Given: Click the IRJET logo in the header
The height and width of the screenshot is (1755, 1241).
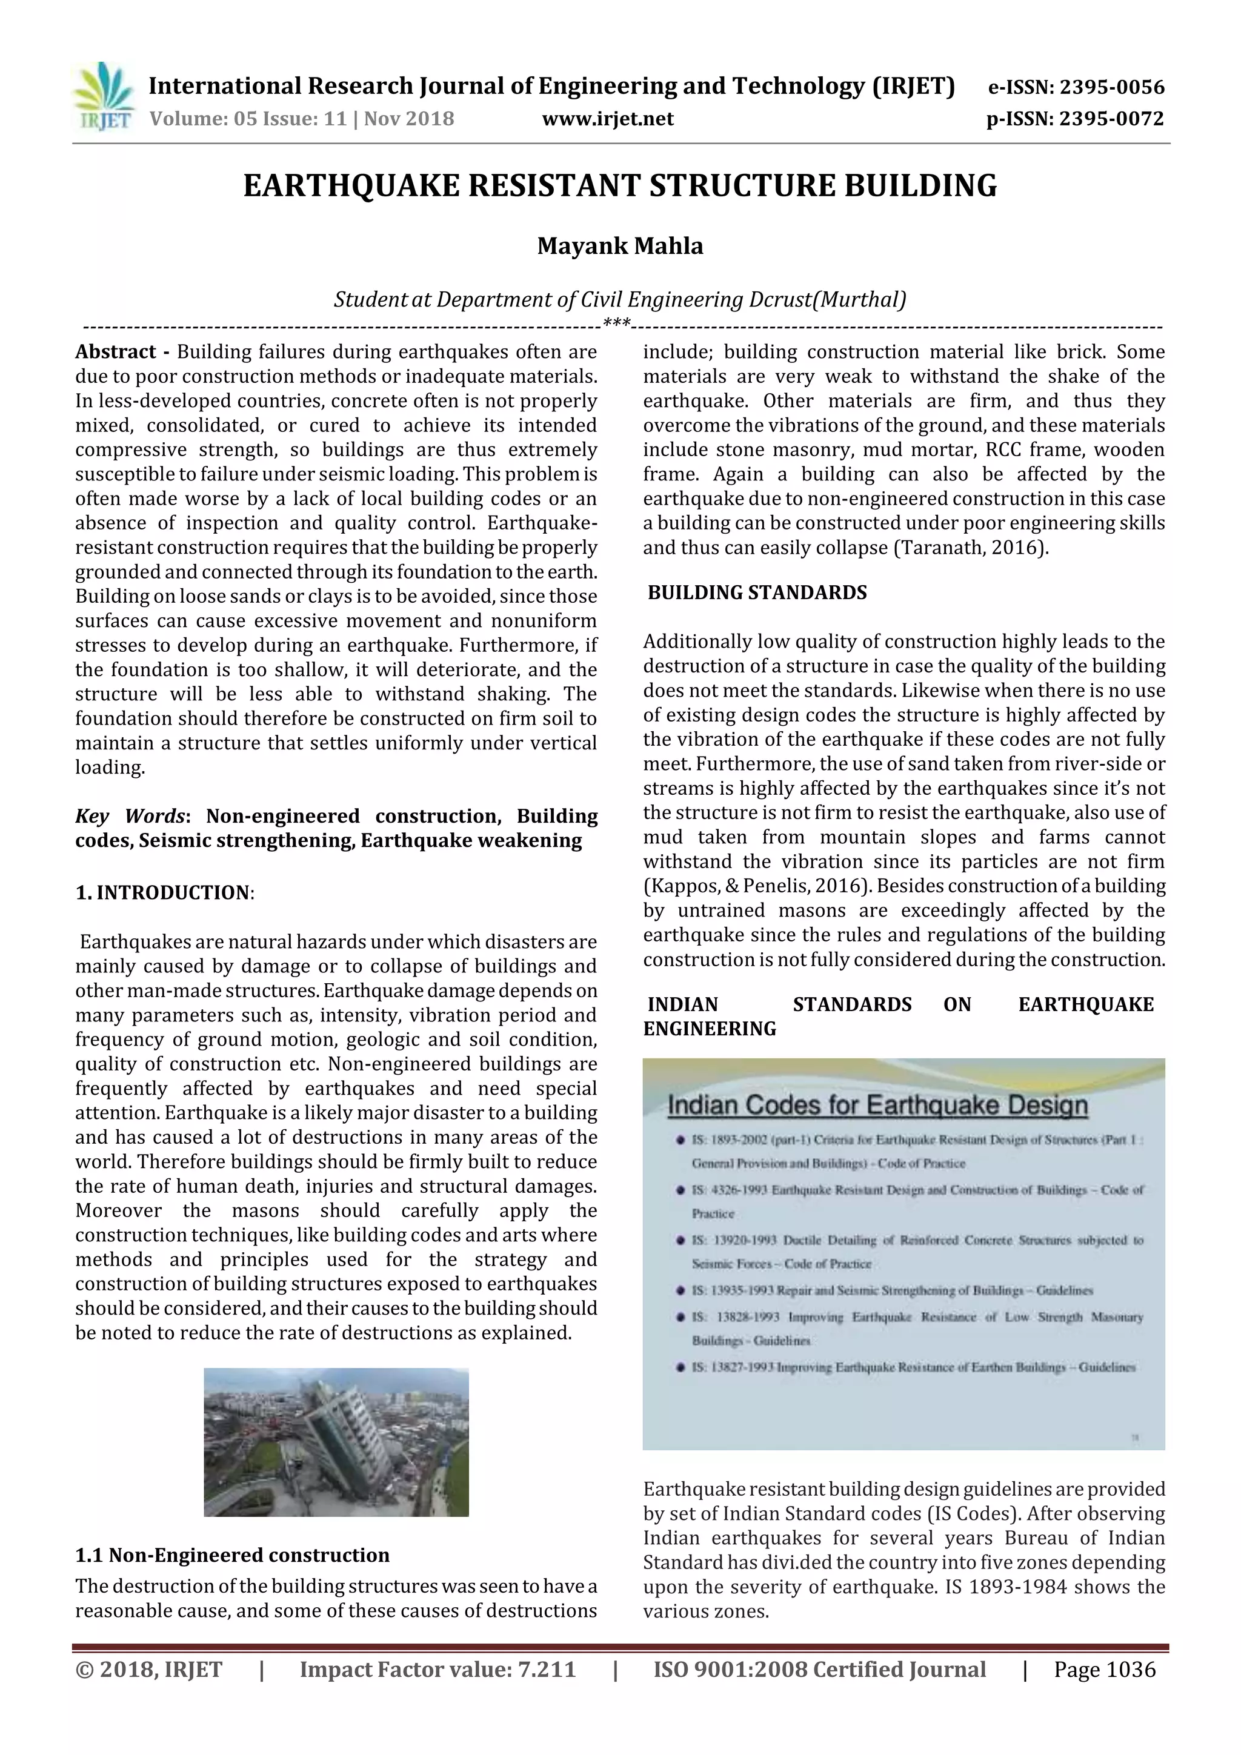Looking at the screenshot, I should [x=102, y=97].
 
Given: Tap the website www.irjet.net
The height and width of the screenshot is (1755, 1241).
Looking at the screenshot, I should [x=608, y=119].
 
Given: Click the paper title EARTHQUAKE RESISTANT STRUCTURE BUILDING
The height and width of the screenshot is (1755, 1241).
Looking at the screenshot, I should [x=620, y=186].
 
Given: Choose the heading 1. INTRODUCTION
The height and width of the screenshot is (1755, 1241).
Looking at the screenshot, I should [x=164, y=893].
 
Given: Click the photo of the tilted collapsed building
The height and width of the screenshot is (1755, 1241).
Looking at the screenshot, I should [x=336, y=1442].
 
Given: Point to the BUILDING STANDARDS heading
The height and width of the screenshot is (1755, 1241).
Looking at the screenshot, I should [x=757, y=593].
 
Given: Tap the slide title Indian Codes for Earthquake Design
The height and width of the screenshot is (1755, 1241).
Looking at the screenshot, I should [x=877, y=1106].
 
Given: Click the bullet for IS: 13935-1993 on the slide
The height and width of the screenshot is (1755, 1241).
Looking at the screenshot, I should [x=680, y=1291].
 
